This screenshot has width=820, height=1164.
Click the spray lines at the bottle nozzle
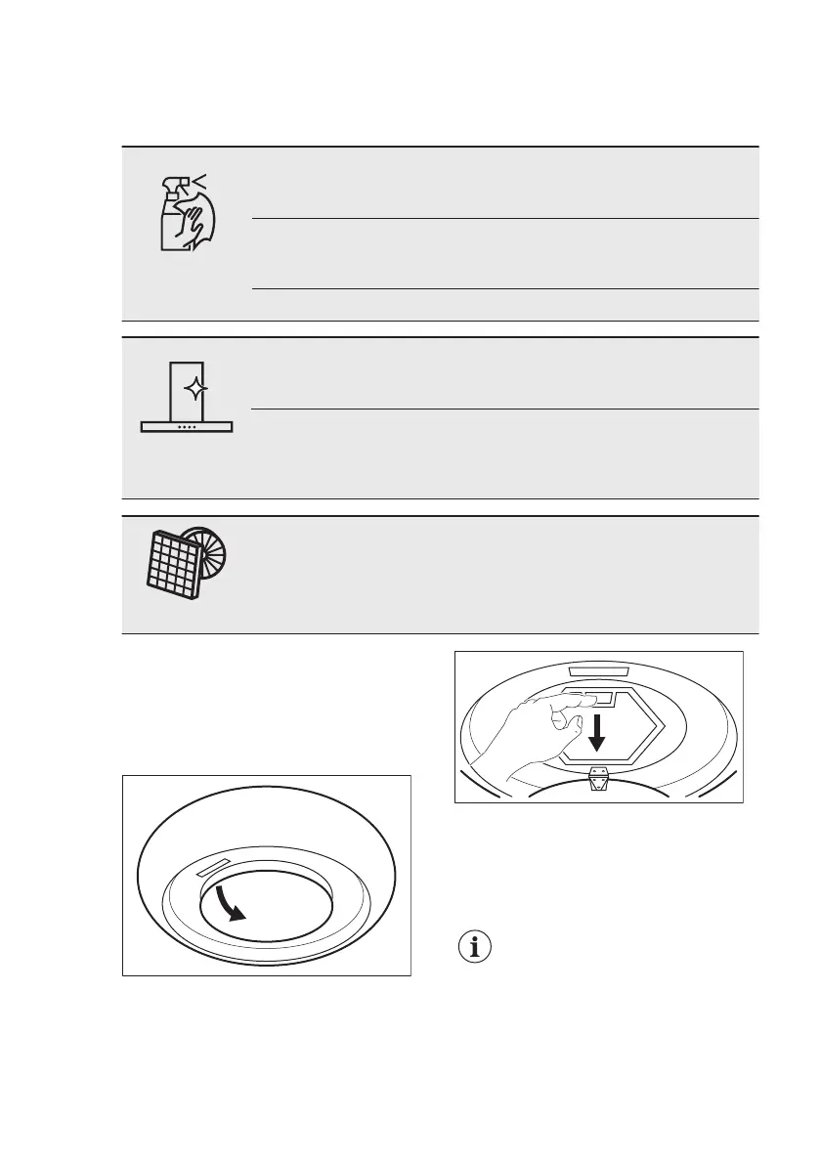pos(201,180)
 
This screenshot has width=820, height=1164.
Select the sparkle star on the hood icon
pos(197,390)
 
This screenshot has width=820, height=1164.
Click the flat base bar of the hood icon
pos(188,427)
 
